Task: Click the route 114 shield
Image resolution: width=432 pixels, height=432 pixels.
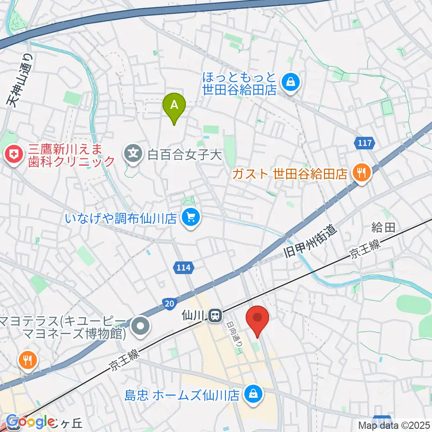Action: point(184,268)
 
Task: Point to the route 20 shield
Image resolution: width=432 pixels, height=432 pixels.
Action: point(169,305)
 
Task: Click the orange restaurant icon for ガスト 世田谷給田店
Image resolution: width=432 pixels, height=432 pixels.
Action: point(361,172)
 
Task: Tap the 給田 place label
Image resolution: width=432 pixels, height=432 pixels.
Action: point(382,228)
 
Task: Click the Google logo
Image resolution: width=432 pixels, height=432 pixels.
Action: point(31,422)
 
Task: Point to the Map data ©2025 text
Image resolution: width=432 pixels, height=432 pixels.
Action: point(394,425)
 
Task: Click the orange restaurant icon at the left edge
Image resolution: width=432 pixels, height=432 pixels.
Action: point(28,360)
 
